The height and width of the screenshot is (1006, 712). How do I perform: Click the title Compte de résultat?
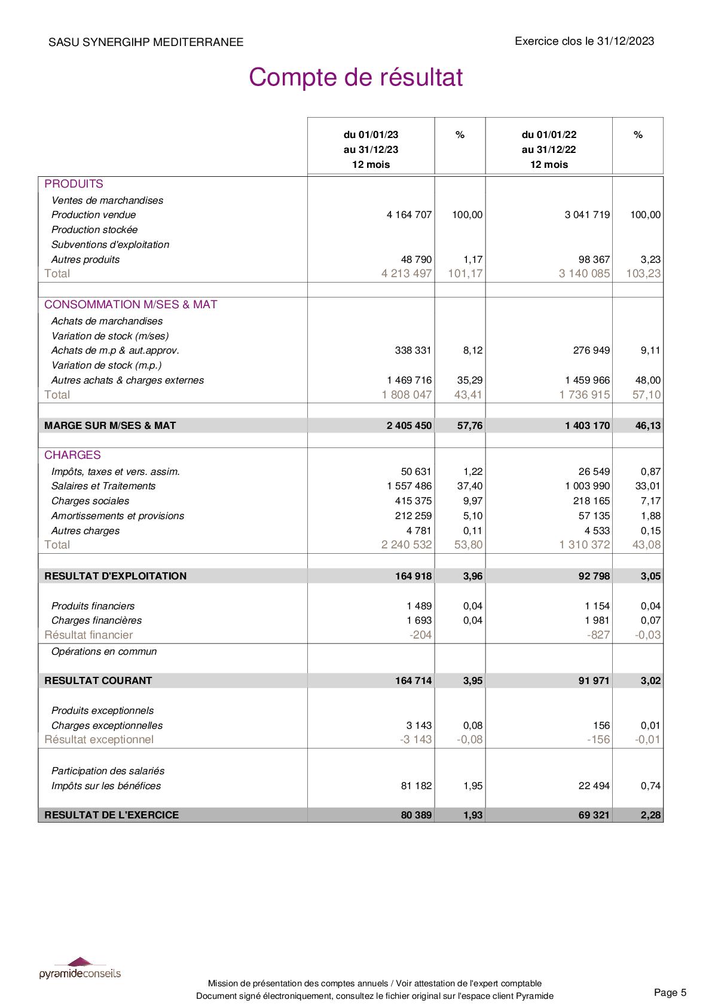[x=356, y=78]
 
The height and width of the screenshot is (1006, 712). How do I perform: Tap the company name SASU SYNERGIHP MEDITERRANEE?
[x=146, y=42]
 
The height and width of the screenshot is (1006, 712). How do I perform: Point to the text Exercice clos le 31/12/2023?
[x=584, y=41]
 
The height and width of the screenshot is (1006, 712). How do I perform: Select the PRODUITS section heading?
[x=74, y=184]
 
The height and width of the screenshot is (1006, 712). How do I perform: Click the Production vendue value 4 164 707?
[x=409, y=215]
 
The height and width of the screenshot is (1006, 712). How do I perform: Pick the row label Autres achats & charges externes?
[x=127, y=381]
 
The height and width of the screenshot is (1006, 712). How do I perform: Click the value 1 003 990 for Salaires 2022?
[x=587, y=486]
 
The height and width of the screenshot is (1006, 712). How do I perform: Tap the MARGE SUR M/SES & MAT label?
[x=110, y=426]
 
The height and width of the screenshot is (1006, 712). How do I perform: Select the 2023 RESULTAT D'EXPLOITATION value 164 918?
[x=413, y=576]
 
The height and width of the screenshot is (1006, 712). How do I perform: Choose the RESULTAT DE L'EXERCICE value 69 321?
[x=594, y=815]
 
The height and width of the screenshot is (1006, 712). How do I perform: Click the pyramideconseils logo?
[x=80, y=968]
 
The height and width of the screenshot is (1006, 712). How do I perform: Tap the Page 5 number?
[x=670, y=993]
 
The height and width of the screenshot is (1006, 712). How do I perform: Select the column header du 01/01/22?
[x=549, y=135]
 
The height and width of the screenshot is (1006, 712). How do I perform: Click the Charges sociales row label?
[x=90, y=501]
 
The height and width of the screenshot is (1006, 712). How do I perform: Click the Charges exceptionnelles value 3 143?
[x=419, y=726]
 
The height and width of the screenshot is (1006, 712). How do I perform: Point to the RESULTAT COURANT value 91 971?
[x=594, y=680]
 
